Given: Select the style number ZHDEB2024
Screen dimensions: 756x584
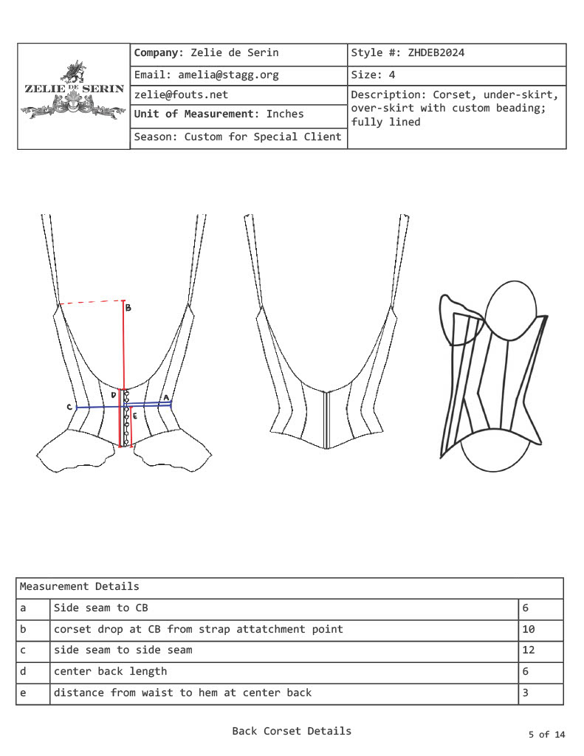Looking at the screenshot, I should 436,53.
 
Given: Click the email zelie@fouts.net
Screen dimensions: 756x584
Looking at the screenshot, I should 181,94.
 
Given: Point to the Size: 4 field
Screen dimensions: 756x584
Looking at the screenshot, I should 373,75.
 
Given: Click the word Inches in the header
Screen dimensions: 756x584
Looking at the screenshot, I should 285,114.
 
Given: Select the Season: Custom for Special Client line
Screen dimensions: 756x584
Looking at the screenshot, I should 238,137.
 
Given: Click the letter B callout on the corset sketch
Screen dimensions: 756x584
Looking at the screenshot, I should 128,308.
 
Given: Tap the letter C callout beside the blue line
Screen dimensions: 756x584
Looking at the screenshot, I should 69,407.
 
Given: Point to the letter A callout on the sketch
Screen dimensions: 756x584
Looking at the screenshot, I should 166,398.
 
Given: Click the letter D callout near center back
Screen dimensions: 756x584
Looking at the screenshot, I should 114,395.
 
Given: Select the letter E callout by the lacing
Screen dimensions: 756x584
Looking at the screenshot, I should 134,416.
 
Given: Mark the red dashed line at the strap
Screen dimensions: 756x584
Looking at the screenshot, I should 91,303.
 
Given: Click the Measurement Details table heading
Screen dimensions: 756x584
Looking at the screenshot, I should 79,587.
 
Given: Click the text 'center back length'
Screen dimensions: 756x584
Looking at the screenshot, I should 110,671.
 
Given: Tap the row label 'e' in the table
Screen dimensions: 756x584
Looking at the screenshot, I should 23,693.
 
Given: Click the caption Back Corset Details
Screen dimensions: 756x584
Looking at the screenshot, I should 292,731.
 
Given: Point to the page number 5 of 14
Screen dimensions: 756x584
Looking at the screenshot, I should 546,734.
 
